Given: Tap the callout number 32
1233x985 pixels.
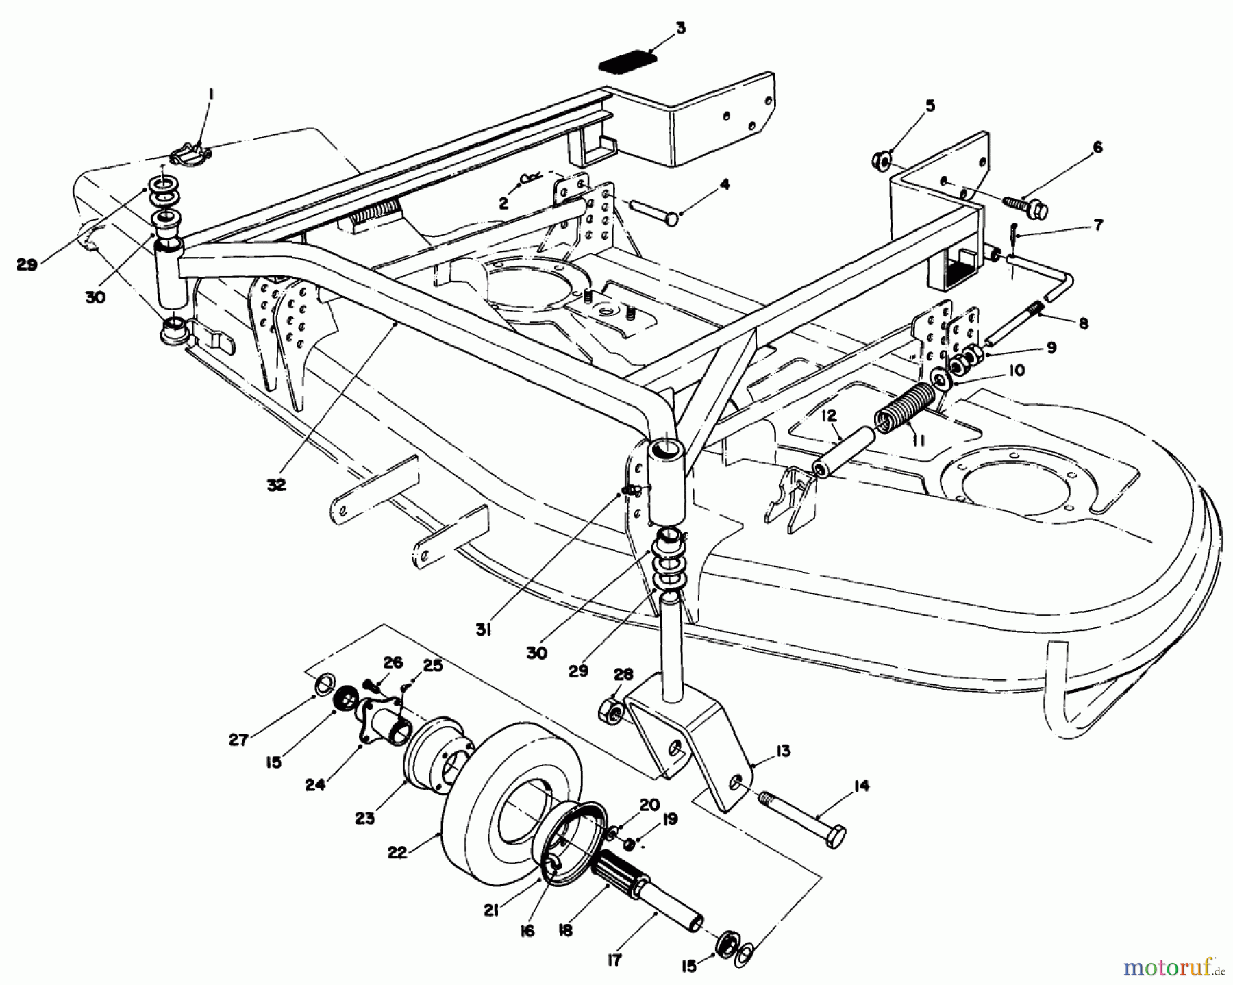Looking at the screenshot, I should coord(277,484).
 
